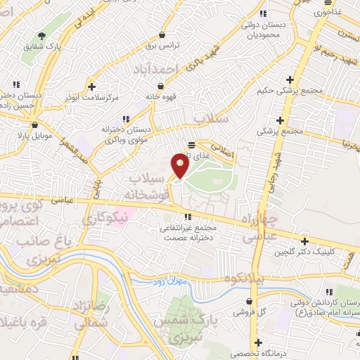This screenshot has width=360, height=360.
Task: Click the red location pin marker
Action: pos(179,166)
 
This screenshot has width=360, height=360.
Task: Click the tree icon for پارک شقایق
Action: pos(42,37)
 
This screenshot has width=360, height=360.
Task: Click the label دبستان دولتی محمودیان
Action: pos(264,30)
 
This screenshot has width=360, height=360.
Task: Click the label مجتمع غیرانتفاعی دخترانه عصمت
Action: pos(188,233)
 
